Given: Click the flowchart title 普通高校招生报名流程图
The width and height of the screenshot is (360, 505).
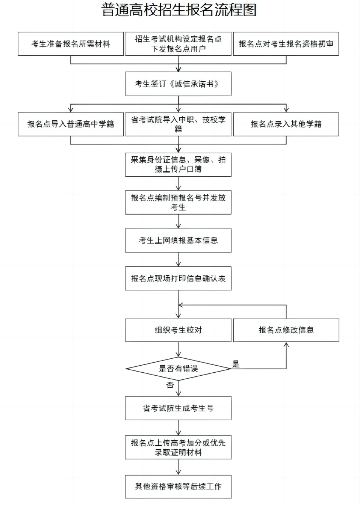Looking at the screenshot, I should coord(179,10).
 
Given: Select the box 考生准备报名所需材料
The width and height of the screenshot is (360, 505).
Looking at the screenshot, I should coord(70,44).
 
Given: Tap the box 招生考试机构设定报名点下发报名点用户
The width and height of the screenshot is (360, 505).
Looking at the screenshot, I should coord(178,44).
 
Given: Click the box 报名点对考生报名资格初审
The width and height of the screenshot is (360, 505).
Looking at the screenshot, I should coord(286,44).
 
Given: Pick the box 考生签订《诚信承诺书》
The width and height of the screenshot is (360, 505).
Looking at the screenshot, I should coord(178,84).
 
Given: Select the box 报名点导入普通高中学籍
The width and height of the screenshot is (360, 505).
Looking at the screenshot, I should coord(70,124).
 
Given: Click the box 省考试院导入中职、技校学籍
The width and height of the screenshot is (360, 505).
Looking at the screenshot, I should coord(178,124).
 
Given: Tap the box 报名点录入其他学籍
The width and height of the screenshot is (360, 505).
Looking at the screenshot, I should coord(286,124).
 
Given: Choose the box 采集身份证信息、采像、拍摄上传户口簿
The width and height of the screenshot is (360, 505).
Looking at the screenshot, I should coord(178,164).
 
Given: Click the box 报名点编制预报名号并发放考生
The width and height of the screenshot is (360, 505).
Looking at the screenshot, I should coord(178,202).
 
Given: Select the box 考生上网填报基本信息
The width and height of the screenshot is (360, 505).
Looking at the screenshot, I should coord(178,240).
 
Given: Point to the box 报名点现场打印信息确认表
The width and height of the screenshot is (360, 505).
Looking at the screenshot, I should coord(178,278).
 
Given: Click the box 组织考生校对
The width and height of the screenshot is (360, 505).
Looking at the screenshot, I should coord(178,330).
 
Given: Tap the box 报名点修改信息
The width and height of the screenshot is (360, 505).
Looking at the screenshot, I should coord(286,330).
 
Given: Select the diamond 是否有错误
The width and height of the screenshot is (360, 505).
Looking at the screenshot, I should coord(178,368).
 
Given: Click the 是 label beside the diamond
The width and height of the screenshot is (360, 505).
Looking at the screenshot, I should coord(236,365).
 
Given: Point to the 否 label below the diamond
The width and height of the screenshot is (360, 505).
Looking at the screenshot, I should coord(170,385).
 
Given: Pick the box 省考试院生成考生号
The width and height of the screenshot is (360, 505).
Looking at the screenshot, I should coord(178,408).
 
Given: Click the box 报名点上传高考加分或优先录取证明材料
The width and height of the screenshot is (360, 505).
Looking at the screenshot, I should coord(178,447).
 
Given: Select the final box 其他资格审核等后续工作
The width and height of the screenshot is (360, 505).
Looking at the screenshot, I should coord(178,487).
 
